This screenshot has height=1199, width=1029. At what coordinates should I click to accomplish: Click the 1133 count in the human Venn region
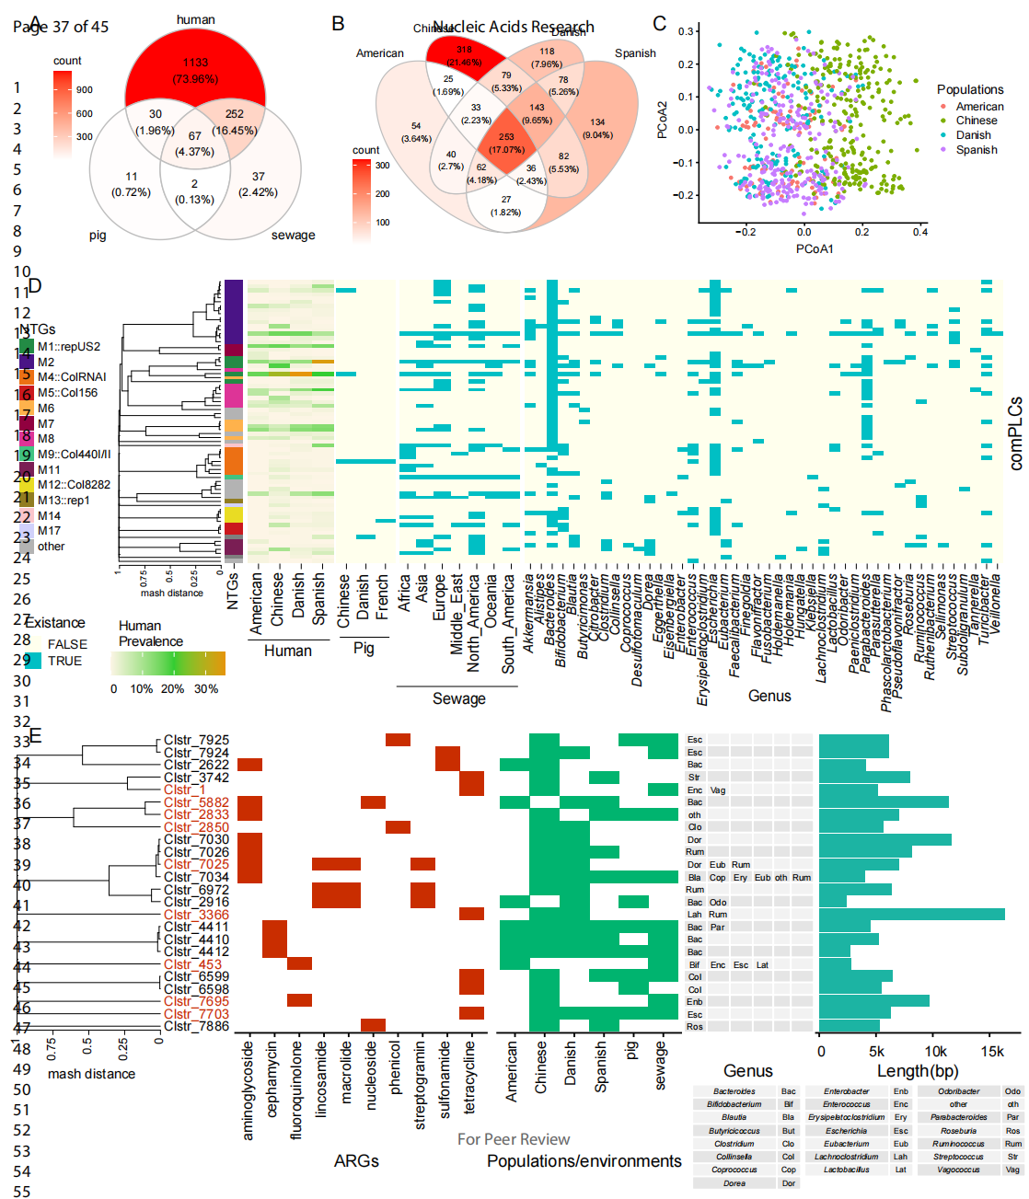click(x=195, y=63)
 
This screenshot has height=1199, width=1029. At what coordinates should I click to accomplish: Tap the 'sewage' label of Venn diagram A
click(x=293, y=236)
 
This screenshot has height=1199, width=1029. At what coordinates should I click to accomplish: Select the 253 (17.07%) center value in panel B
click(x=506, y=137)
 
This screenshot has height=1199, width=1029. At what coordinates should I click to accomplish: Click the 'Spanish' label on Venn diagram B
click(x=635, y=53)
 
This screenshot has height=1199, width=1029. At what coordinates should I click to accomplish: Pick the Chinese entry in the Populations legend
click(x=977, y=121)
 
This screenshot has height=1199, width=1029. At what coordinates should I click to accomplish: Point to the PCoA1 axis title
click(x=815, y=249)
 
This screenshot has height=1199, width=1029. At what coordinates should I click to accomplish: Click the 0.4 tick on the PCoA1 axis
click(x=919, y=232)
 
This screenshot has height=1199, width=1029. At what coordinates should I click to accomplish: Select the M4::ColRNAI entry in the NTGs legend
click(x=72, y=377)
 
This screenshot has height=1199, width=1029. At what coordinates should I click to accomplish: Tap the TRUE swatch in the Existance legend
click(x=32, y=661)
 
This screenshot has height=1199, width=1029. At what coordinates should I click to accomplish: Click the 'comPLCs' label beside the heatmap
click(x=1016, y=433)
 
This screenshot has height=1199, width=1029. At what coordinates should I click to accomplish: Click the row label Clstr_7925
click(x=196, y=740)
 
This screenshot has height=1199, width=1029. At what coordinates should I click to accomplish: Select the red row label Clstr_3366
click(x=196, y=915)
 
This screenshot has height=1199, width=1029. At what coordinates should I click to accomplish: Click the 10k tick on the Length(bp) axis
click(x=936, y=1051)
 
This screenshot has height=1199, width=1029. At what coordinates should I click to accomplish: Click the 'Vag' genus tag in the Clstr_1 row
click(x=718, y=790)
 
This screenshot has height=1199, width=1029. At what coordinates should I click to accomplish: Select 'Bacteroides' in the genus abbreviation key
click(x=734, y=1091)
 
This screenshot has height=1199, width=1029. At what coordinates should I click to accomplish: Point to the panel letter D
click(x=35, y=285)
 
